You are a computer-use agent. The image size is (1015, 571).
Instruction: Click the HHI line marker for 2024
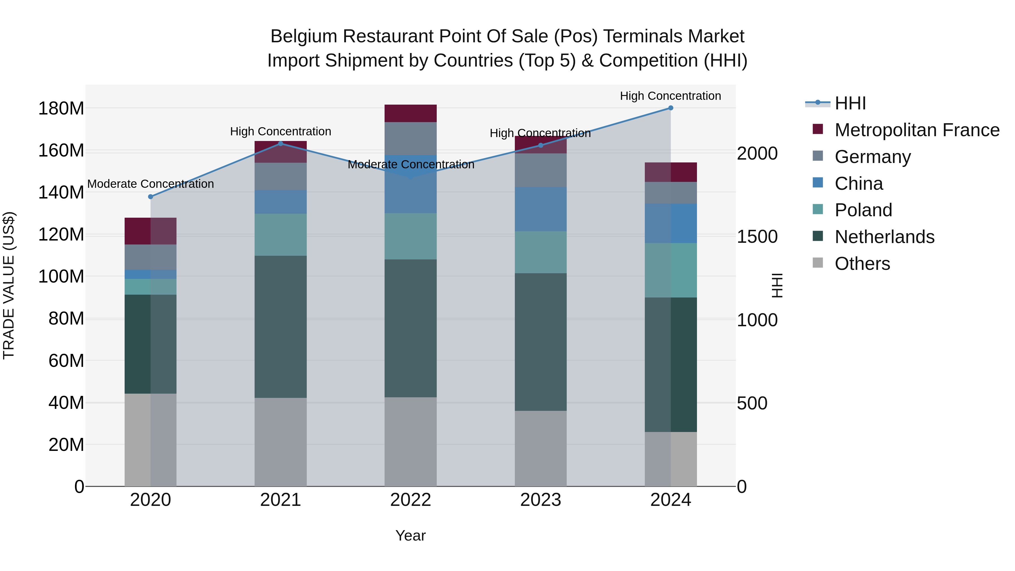click(x=671, y=108)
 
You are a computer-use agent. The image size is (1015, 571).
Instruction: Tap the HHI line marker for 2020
click(x=151, y=197)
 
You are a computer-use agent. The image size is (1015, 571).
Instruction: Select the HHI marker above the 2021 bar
click(x=281, y=144)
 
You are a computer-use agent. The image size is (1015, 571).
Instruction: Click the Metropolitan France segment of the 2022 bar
click(x=411, y=113)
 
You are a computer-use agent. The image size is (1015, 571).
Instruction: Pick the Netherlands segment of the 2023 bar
click(x=540, y=342)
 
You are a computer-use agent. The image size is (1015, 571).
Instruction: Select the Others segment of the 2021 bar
click(x=281, y=442)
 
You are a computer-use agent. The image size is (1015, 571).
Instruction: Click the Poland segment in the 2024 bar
click(x=671, y=270)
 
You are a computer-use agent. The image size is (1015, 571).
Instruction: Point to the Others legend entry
click(x=862, y=264)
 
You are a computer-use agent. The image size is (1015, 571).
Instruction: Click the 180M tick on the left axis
click(x=61, y=108)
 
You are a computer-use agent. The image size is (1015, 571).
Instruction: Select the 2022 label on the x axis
click(x=411, y=500)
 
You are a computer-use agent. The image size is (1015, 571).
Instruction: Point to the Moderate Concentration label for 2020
click(x=151, y=184)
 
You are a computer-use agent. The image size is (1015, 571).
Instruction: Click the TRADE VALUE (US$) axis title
click(x=9, y=285)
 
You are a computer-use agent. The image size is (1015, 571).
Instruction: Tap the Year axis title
click(x=410, y=535)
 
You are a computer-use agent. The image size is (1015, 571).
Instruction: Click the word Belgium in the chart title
click(x=304, y=36)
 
